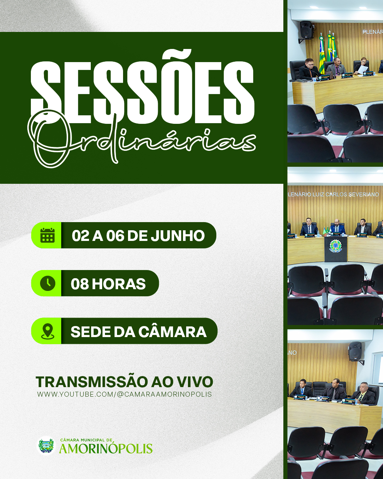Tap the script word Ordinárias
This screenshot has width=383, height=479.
coord(141,139)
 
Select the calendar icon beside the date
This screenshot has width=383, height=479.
coord(48,235)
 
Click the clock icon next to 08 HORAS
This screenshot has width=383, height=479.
coord(48,283)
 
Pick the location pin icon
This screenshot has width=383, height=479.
coord(48,331)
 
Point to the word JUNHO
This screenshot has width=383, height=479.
coord(178,236)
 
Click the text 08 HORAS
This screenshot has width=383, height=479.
coord(108,284)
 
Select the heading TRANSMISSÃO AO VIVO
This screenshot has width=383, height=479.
coord(124,382)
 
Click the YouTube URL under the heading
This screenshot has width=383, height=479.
coord(124,395)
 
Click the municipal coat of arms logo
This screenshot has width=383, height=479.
coord(46,445)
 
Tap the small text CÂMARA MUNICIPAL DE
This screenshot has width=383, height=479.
coord(86,440)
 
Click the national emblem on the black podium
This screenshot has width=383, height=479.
coord(335,246)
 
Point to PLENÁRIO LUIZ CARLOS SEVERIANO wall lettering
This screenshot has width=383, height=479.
coord(333,194)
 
